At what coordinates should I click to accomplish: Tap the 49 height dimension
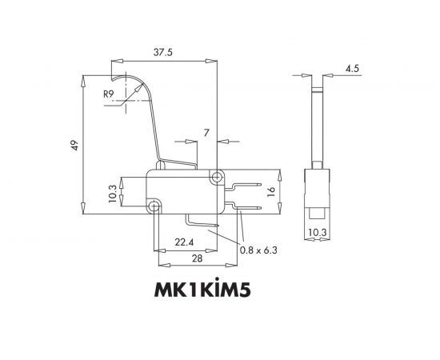point(74,145)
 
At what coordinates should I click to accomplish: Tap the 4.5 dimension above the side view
point(351,69)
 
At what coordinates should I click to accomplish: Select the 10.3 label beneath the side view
point(318,233)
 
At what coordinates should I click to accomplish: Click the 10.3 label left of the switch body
point(113,192)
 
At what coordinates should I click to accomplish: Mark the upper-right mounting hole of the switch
point(215,175)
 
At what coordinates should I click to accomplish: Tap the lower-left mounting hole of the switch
point(154,207)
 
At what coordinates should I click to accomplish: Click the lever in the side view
point(318,120)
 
